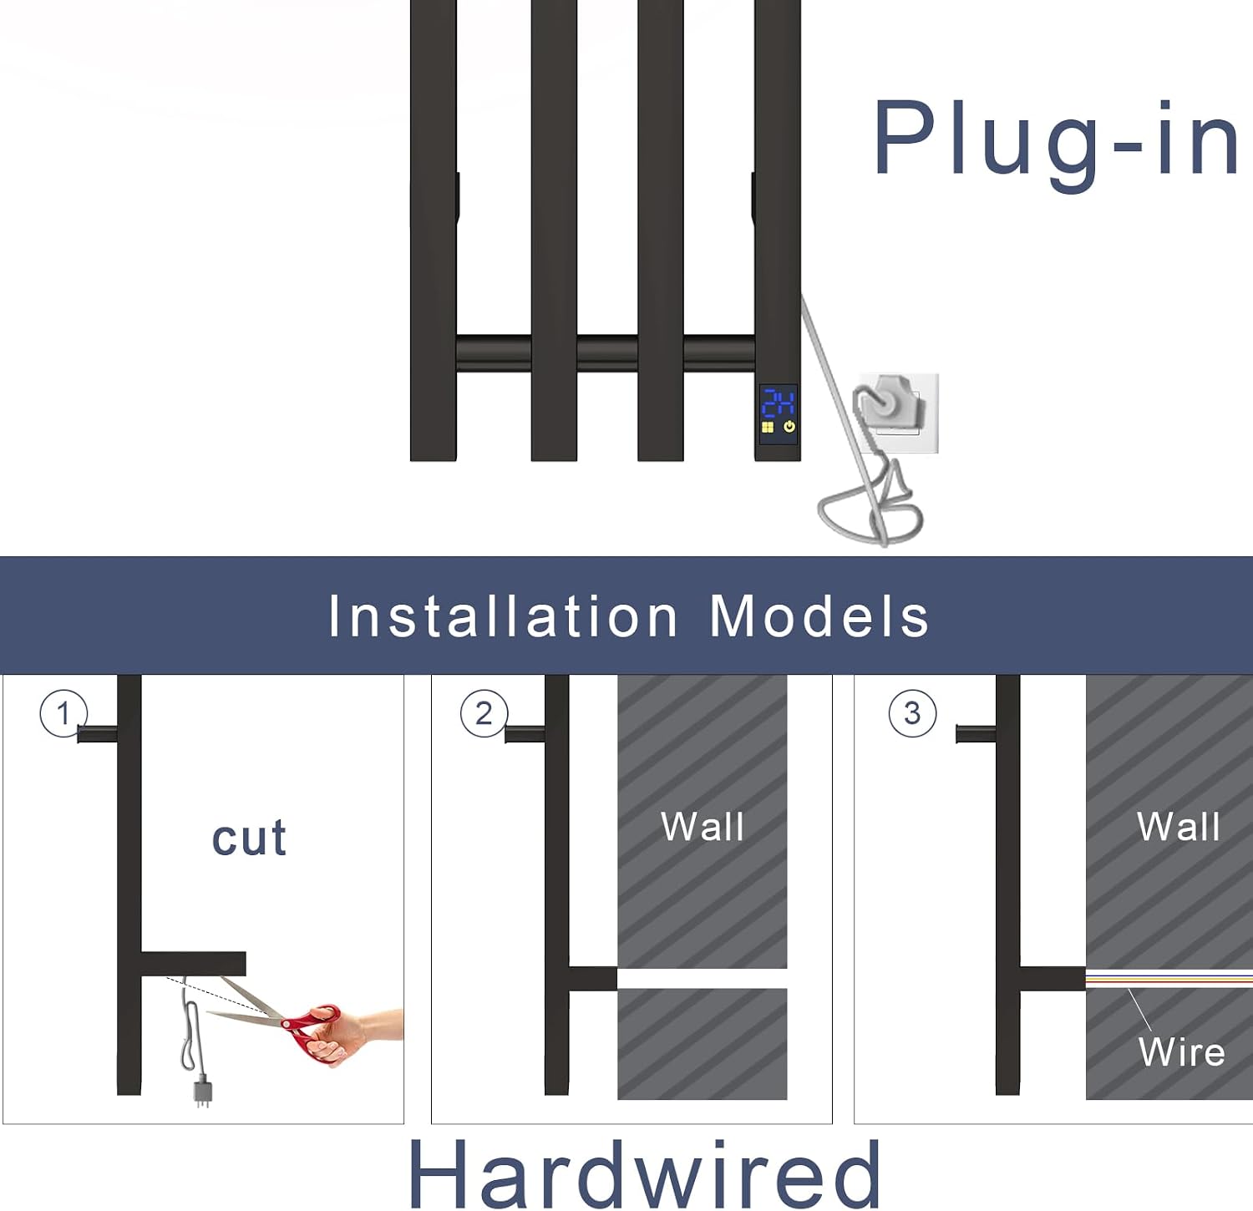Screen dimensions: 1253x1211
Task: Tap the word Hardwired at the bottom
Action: [x=644, y=1174]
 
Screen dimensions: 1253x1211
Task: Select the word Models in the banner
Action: [x=819, y=616]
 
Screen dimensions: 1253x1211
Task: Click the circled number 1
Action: [x=63, y=714]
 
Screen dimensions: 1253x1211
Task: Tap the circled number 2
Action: [x=484, y=714]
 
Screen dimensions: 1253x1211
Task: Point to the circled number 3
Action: [x=912, y=714]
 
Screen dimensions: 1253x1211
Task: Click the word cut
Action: [x=249, y=838]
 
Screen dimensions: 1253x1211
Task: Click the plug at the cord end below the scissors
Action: [x=202, y=1093]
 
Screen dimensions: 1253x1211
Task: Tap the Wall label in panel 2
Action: [x=702, y=827]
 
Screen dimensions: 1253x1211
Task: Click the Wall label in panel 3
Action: [x=1179, y=827]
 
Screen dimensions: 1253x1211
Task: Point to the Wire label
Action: [x=1181, y=1052]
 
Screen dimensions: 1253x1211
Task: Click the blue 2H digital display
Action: [x=779, y=403]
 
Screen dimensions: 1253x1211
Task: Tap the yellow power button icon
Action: [x=789, y=428]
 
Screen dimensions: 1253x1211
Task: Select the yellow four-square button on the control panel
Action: [x=768, y=428]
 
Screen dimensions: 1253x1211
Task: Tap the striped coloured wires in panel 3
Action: [x=1169, y=978]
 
